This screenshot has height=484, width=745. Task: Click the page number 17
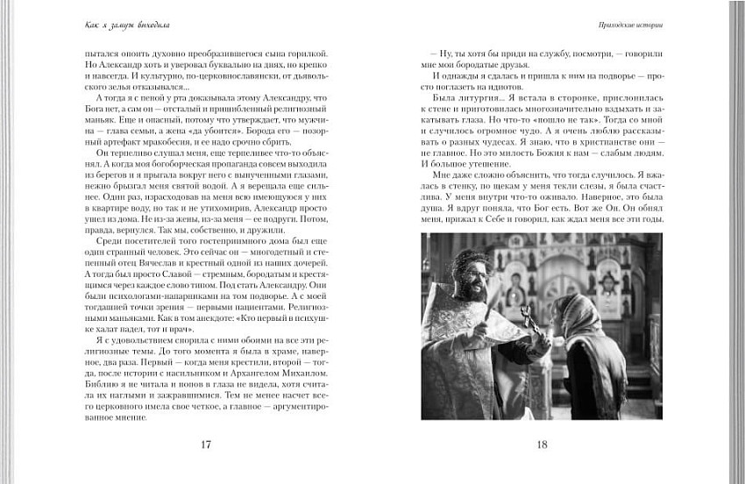click(206, 444)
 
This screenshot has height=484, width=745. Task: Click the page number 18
click(541, 444)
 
